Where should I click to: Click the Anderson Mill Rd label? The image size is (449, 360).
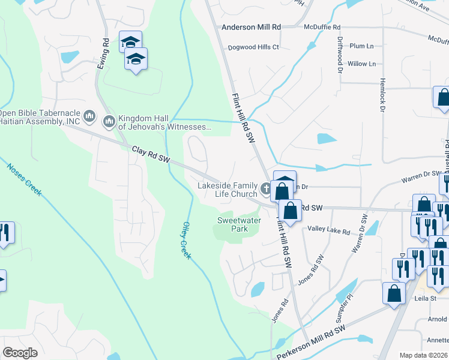tap(251, 27)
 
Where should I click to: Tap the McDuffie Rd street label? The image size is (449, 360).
tap(322, 27)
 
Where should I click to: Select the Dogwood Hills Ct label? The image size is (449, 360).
tap(253, 47)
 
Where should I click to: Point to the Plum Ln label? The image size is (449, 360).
tap(361, 46)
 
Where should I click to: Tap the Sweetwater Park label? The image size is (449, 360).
tap(232, 224)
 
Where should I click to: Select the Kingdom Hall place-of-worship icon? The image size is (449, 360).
tap(109, 122)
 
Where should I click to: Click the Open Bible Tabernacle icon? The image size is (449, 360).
tap(89, 115)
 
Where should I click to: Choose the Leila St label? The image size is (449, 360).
tap(424, 298)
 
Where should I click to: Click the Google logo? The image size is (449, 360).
tap(20, 353)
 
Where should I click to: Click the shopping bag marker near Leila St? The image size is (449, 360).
tap(394, 293)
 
